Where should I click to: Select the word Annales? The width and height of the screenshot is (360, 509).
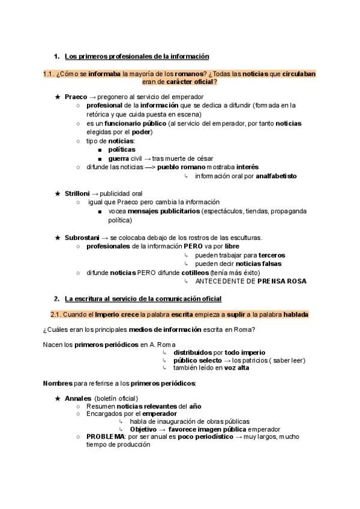77,399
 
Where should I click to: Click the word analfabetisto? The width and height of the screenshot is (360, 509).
276,176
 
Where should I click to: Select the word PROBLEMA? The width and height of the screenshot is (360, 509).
104,436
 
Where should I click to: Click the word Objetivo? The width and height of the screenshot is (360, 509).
143,429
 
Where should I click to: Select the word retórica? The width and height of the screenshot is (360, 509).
100,114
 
